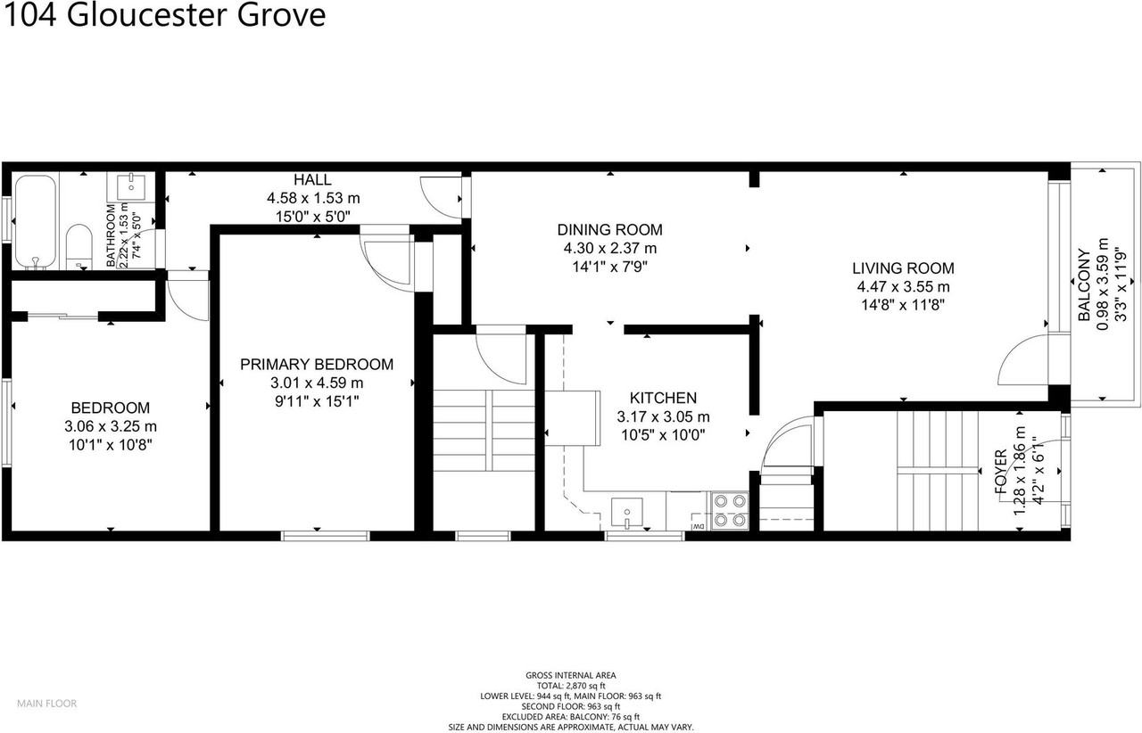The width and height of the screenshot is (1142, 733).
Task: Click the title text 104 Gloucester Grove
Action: coord(163,15)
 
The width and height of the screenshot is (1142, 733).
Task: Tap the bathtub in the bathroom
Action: coord(35,220)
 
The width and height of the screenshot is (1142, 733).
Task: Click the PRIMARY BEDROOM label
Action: coord(317,364)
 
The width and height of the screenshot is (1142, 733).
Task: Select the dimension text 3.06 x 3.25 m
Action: coord(112,426)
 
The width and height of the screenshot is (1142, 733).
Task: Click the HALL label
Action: coord(312,180)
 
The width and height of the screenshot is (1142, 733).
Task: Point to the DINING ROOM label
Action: coord(610,230)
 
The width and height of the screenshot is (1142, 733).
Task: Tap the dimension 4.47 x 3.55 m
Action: coord(902,286)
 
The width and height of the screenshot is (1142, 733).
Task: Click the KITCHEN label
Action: coord(663,398)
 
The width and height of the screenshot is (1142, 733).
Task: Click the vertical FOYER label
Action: coord(1002,473)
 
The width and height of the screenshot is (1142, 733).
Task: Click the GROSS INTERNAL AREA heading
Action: coord(571,675)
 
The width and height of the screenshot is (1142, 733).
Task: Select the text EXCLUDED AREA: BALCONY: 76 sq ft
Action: coord(571,717)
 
